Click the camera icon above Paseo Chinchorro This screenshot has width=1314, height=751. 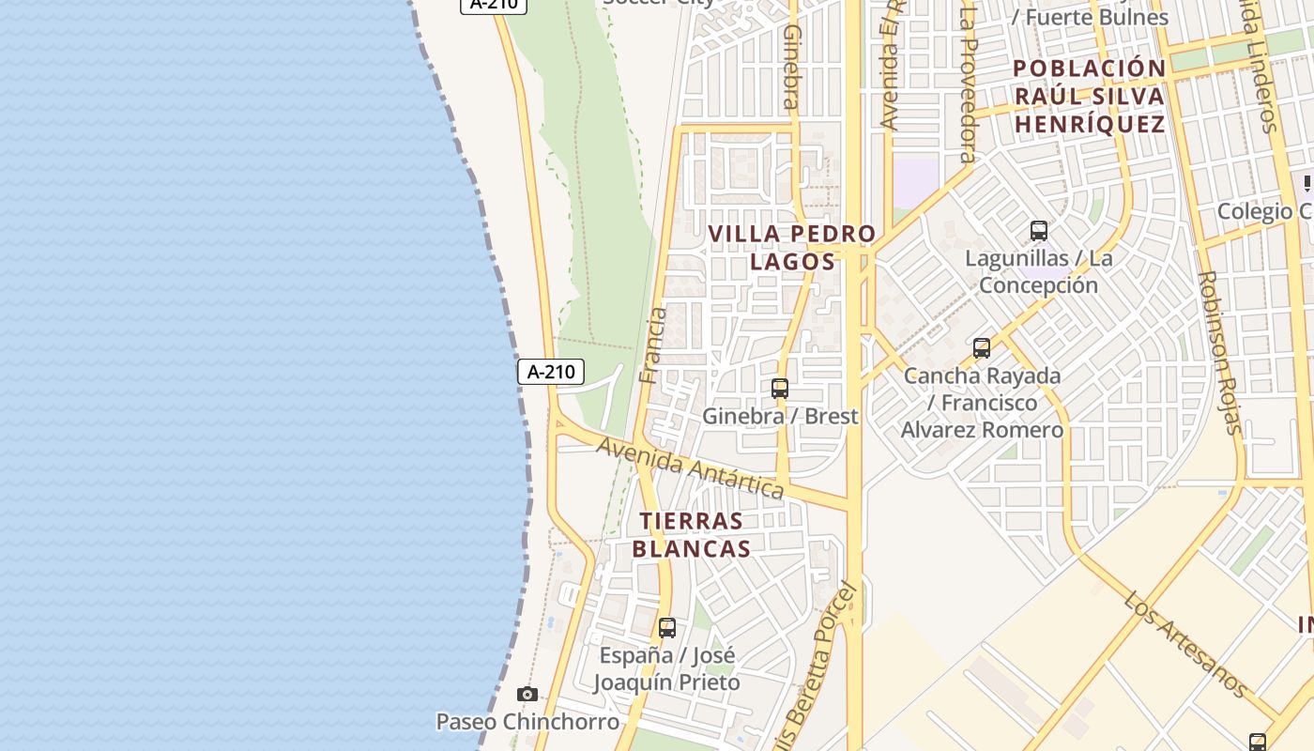coord(527,695)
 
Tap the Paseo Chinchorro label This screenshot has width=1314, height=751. coord(527,722)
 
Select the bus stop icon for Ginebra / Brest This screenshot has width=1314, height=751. coord(779,388)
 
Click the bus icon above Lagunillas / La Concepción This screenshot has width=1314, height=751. coord(1038,231)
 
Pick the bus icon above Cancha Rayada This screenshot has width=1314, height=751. coord(982,348)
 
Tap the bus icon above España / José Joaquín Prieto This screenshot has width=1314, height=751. coord(667,628)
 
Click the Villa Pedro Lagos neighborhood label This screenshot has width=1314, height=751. coord(792,248)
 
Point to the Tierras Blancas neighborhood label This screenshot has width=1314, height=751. coord(692,535)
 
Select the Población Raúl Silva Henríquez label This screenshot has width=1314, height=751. coord(1090,96)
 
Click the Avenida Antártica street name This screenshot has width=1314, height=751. coord(691,467)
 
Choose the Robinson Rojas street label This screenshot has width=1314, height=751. coord(1219,353)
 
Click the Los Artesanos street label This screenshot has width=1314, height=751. coord(1185,645)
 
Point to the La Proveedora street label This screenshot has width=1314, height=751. coord(969,84)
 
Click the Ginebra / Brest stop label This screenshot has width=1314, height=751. coord(781,416)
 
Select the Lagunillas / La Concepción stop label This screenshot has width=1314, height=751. coord(1038,271)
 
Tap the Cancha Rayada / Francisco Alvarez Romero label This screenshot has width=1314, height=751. coord(983,403)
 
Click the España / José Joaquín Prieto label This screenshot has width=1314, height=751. coord(667,668)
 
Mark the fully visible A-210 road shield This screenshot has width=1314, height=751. coord(551,372)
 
